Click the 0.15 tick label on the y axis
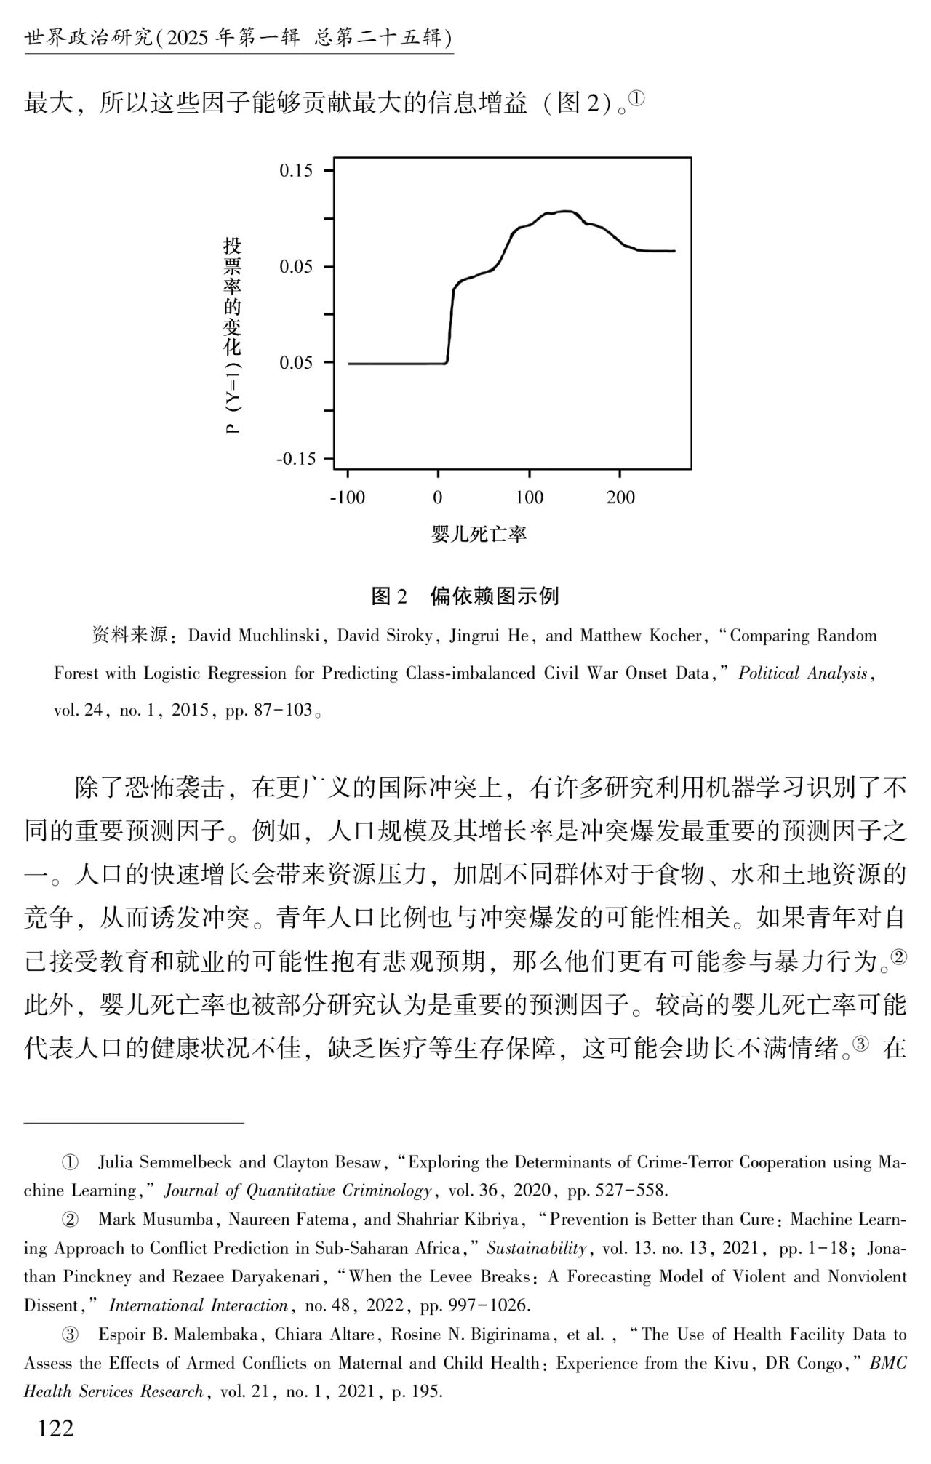pos(296,171)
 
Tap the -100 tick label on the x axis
pos(347,498)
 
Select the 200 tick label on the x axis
pos(620,498)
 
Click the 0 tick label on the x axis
pos(438,498)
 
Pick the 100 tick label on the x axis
pos(530,498)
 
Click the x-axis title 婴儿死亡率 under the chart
pos(479,535)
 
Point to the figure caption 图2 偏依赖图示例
pos(465,596)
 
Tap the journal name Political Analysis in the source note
pos(803,673)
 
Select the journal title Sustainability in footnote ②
pos(536,1248)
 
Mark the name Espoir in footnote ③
pos(124,1334)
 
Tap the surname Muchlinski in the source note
pos(277,636)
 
